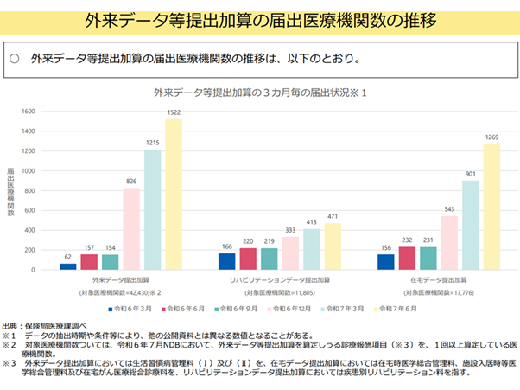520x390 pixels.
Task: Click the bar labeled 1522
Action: tap(174, 195)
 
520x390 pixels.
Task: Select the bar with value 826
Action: tap(131, 229)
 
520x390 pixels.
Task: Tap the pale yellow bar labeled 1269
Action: tap(492, 208)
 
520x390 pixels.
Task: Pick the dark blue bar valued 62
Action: tap(67, 266)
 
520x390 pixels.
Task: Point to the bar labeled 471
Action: tap(333, 247)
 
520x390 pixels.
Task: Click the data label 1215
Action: tap(153, 142)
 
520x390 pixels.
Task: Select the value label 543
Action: tap(449, 208)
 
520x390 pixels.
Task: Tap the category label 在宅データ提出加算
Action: tap(438, 281)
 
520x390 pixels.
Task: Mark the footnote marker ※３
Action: tap(10, 363)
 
